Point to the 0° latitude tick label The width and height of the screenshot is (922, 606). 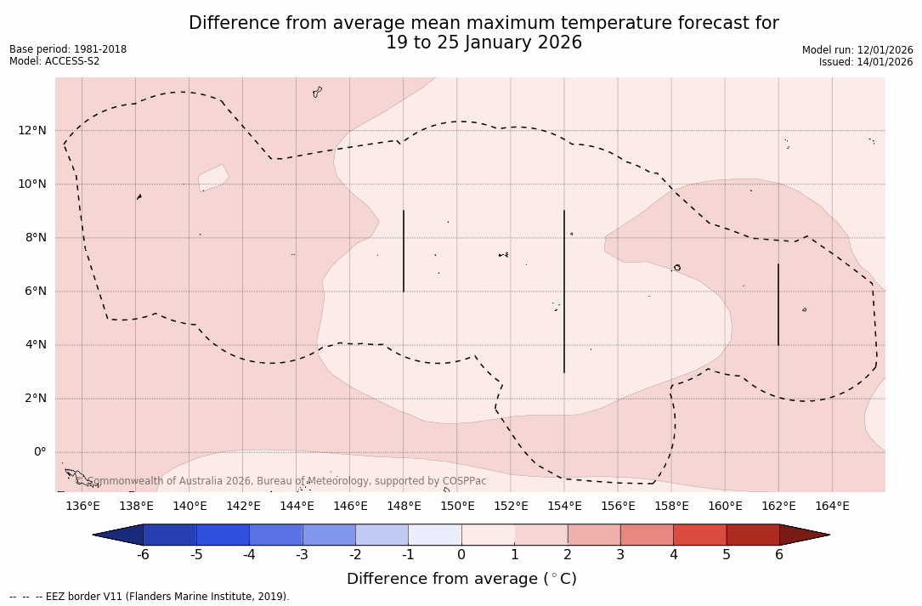click(39, 452)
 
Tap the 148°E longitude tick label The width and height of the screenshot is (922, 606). click(404, 507)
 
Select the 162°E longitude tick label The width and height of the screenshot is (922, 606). click(778, 507)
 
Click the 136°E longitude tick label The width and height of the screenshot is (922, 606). click(82, 507)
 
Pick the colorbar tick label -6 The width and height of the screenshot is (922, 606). click(143, 555)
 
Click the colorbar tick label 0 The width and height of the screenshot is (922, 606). click(461, 555)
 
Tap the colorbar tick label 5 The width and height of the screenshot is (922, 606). click(727, 555)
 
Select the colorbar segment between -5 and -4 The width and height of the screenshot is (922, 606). click(223, 535)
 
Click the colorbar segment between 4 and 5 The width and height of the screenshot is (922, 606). click(699, 535)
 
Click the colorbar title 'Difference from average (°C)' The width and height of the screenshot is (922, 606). click(461, 579)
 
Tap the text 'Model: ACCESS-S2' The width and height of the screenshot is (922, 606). click(54, 61)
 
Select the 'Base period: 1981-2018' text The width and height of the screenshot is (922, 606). click(68, 49)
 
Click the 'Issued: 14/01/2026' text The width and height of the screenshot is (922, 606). click(866, 62)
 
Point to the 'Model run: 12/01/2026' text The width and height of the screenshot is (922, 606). click(857, 50)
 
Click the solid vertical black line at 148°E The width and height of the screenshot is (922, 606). click(404, 251)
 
